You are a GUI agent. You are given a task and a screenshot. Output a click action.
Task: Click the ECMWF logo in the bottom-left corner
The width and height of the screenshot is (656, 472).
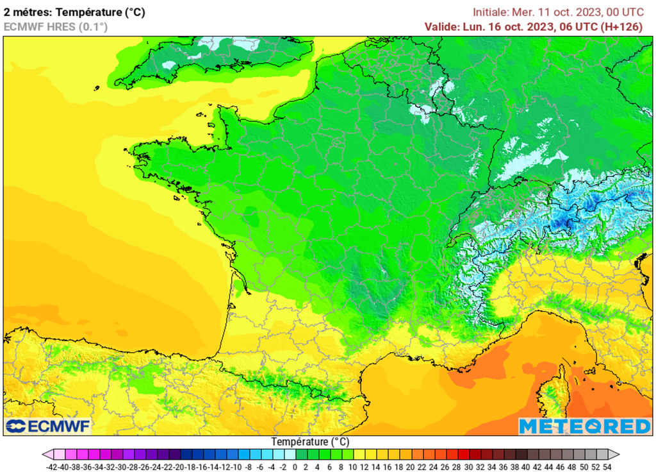click(48, 426)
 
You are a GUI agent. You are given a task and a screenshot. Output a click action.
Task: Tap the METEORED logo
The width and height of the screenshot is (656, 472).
click(584, 426)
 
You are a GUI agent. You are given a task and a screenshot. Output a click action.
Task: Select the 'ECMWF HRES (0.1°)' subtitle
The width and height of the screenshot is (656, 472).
click(56, 26)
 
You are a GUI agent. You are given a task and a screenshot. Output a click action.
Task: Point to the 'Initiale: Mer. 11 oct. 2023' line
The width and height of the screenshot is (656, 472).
click(557, 12)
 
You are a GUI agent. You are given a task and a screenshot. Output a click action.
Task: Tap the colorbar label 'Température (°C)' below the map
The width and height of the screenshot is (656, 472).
click(310, 442)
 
